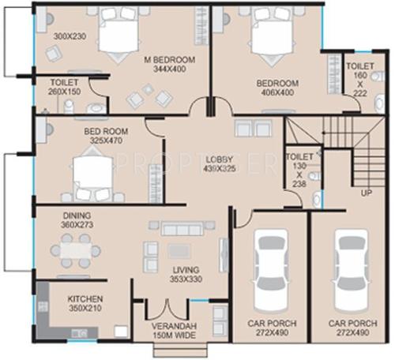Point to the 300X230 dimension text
click(70, 36)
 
